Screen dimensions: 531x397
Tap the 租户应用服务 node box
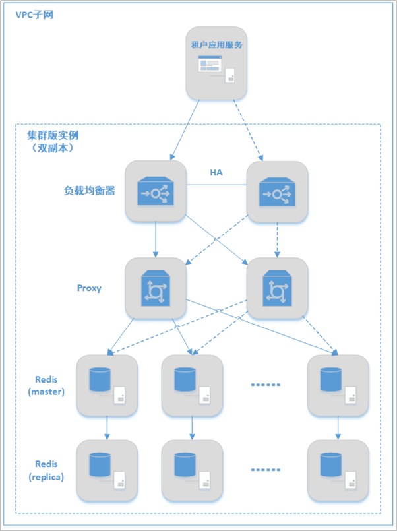(x=216, y=63)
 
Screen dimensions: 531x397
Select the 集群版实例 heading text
(x=53, y=135)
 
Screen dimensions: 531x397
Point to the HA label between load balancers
(x=216, y=172)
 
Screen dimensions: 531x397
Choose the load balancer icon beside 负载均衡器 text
(x=156, y=192)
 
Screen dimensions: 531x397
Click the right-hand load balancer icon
(x=276, y=192)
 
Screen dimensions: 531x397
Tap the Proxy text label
(x=89, y=288)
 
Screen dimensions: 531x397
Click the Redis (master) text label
(x=46, y=386)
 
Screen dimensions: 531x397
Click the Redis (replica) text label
(x=46, y=470)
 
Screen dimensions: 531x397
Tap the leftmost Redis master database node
(x=107, y=386)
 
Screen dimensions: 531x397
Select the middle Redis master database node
(x=192, y=386)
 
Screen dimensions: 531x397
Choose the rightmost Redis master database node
(x=338, y=386)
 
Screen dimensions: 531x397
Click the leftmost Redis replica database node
(x=107, y=470)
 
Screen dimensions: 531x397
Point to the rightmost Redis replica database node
(x=338, y=470)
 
